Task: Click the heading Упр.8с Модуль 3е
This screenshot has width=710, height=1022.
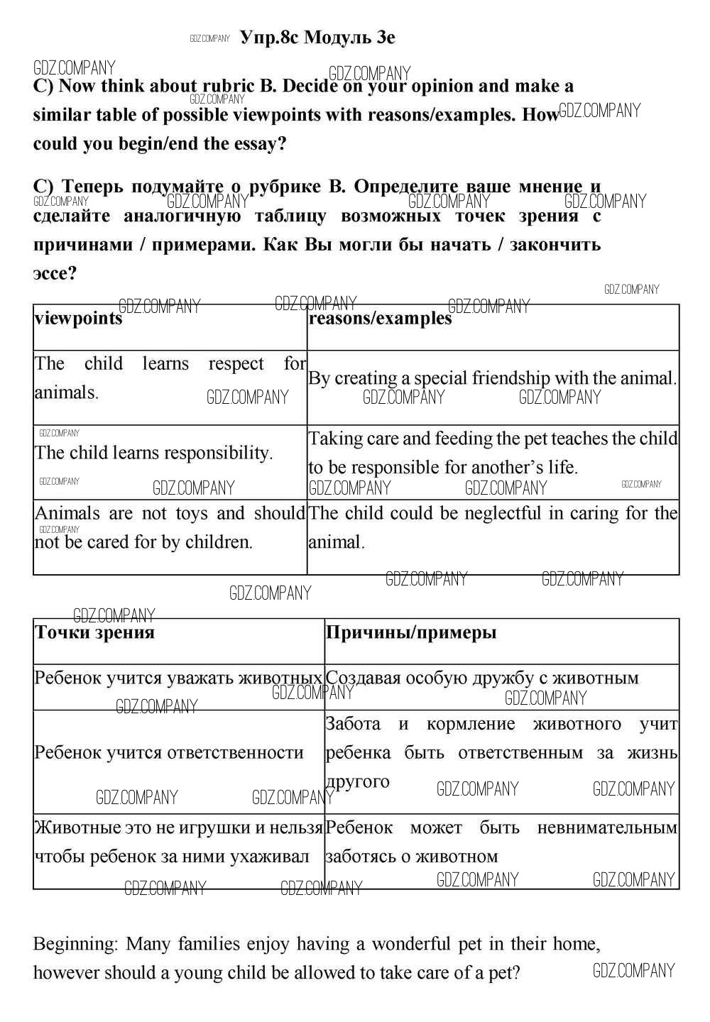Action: (x=317, y=38)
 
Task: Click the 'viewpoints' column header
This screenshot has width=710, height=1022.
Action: (x=79, y=319)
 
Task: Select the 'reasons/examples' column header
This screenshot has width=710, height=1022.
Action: (x=380, y=319)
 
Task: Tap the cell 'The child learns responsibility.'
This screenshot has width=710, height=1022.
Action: (x=153, y=453)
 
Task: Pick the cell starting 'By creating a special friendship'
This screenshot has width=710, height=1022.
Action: (x=492, y=378)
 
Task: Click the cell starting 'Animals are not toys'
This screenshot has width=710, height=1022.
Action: (x=170, y=527)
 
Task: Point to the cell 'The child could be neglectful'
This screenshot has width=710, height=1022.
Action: (x=493, y=527)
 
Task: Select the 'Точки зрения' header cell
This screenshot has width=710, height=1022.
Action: (x=94, y=632)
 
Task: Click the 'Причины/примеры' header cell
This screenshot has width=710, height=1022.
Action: (x=411, y=632)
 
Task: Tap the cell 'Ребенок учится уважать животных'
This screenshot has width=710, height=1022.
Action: (x=178, y=678)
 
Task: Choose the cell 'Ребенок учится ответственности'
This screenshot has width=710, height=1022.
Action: (x=169, y=752)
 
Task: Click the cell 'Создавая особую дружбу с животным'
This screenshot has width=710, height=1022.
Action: (x=482, y=678)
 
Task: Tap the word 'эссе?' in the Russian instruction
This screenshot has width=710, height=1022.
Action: (x=55, y=273)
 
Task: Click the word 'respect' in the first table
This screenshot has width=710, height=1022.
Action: (x=236, y=364)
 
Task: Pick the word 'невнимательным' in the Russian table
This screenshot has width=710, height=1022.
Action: (x=607, y=828)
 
